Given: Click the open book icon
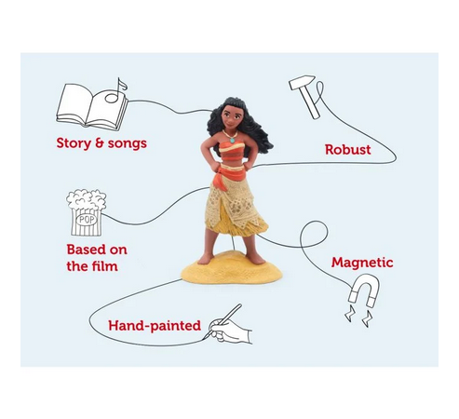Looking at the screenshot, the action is (x=92, y=106).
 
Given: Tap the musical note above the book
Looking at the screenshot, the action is (x=115, y=91).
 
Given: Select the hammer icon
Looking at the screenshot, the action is (x=304, y=97).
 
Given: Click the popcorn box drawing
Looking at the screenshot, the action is (x=87, y=213).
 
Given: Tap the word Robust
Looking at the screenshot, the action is (x=348, y=150).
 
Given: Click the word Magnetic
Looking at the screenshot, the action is (x=362, y=263).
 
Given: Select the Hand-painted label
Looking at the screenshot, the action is (x=155, y=326).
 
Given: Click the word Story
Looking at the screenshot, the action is (x=74, y=143).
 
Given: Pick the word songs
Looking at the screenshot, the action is (x=128, y=143).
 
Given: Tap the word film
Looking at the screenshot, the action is (x=105, y=266).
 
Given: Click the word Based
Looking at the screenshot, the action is (x=83, y=250).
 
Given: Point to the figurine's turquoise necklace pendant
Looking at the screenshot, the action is (x=232, y=140).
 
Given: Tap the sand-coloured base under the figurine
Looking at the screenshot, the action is (x=232, y=269).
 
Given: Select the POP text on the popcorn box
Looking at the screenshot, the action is (x=87, y=220).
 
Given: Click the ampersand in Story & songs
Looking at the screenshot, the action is (x=100, y=143).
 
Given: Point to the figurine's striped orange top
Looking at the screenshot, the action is (x=232, y=151).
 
